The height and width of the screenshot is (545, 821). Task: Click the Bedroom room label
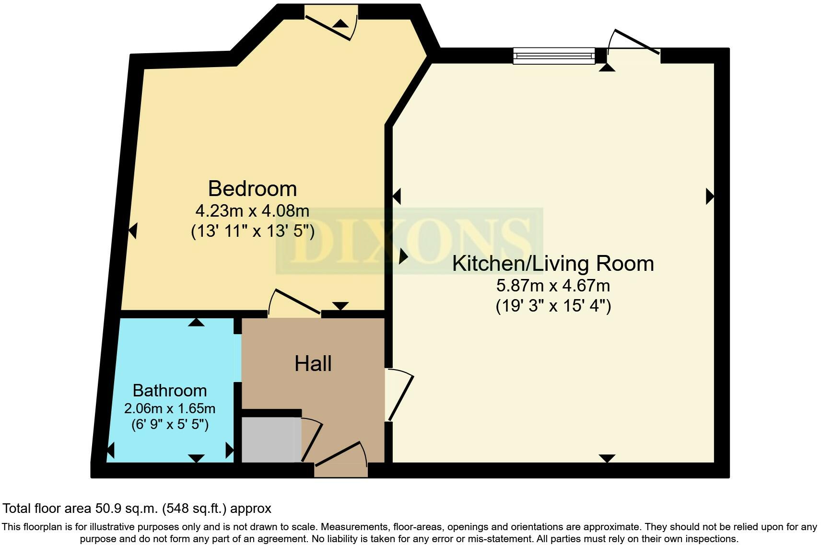point(252,189)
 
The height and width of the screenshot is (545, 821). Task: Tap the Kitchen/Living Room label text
point(552,264)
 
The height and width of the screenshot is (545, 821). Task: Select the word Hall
point(313,363)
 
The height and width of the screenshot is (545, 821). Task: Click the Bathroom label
point(170,390)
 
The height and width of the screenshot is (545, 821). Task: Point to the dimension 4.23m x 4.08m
point(252,211)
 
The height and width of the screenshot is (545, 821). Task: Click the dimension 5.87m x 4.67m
point(552,286)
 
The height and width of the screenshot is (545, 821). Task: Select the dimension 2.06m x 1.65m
point(170,408)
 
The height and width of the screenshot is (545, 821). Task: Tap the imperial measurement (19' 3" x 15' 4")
point(552,306)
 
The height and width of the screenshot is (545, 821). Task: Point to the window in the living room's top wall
point(553,56)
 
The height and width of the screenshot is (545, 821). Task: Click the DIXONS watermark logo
point(409,241)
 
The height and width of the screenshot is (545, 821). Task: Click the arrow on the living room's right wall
point(710,197)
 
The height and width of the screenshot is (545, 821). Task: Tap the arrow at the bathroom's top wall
point(196,323)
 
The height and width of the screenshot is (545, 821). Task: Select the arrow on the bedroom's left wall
point(133,231)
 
